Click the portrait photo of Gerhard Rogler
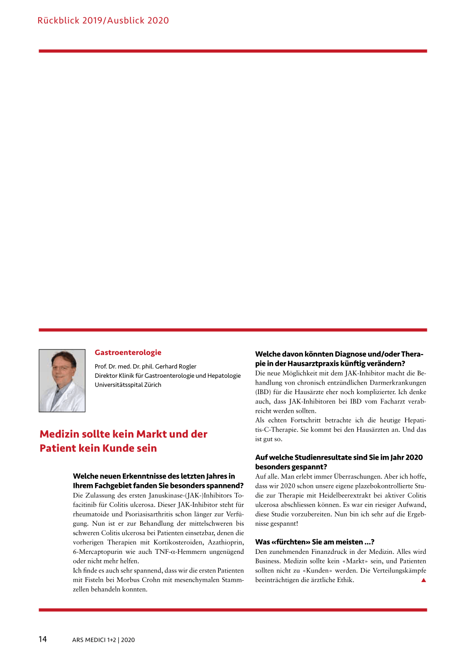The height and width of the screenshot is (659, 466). pos(62,380)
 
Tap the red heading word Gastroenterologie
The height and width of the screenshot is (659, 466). pos(128,352)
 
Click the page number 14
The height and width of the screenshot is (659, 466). pos(42,639)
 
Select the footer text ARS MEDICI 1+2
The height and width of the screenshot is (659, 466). pos(94,640)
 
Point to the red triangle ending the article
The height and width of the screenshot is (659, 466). pos(424,580)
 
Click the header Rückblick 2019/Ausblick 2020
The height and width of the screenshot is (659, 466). pos(103,20)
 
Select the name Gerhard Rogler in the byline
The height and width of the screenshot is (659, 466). pos(176,366)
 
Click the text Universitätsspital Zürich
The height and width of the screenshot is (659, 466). pos(128,385)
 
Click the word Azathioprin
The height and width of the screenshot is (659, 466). pos(226,542)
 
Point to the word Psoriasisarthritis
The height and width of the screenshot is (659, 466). pos(148,514)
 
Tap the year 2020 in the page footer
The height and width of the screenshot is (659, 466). pos(128,640)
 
